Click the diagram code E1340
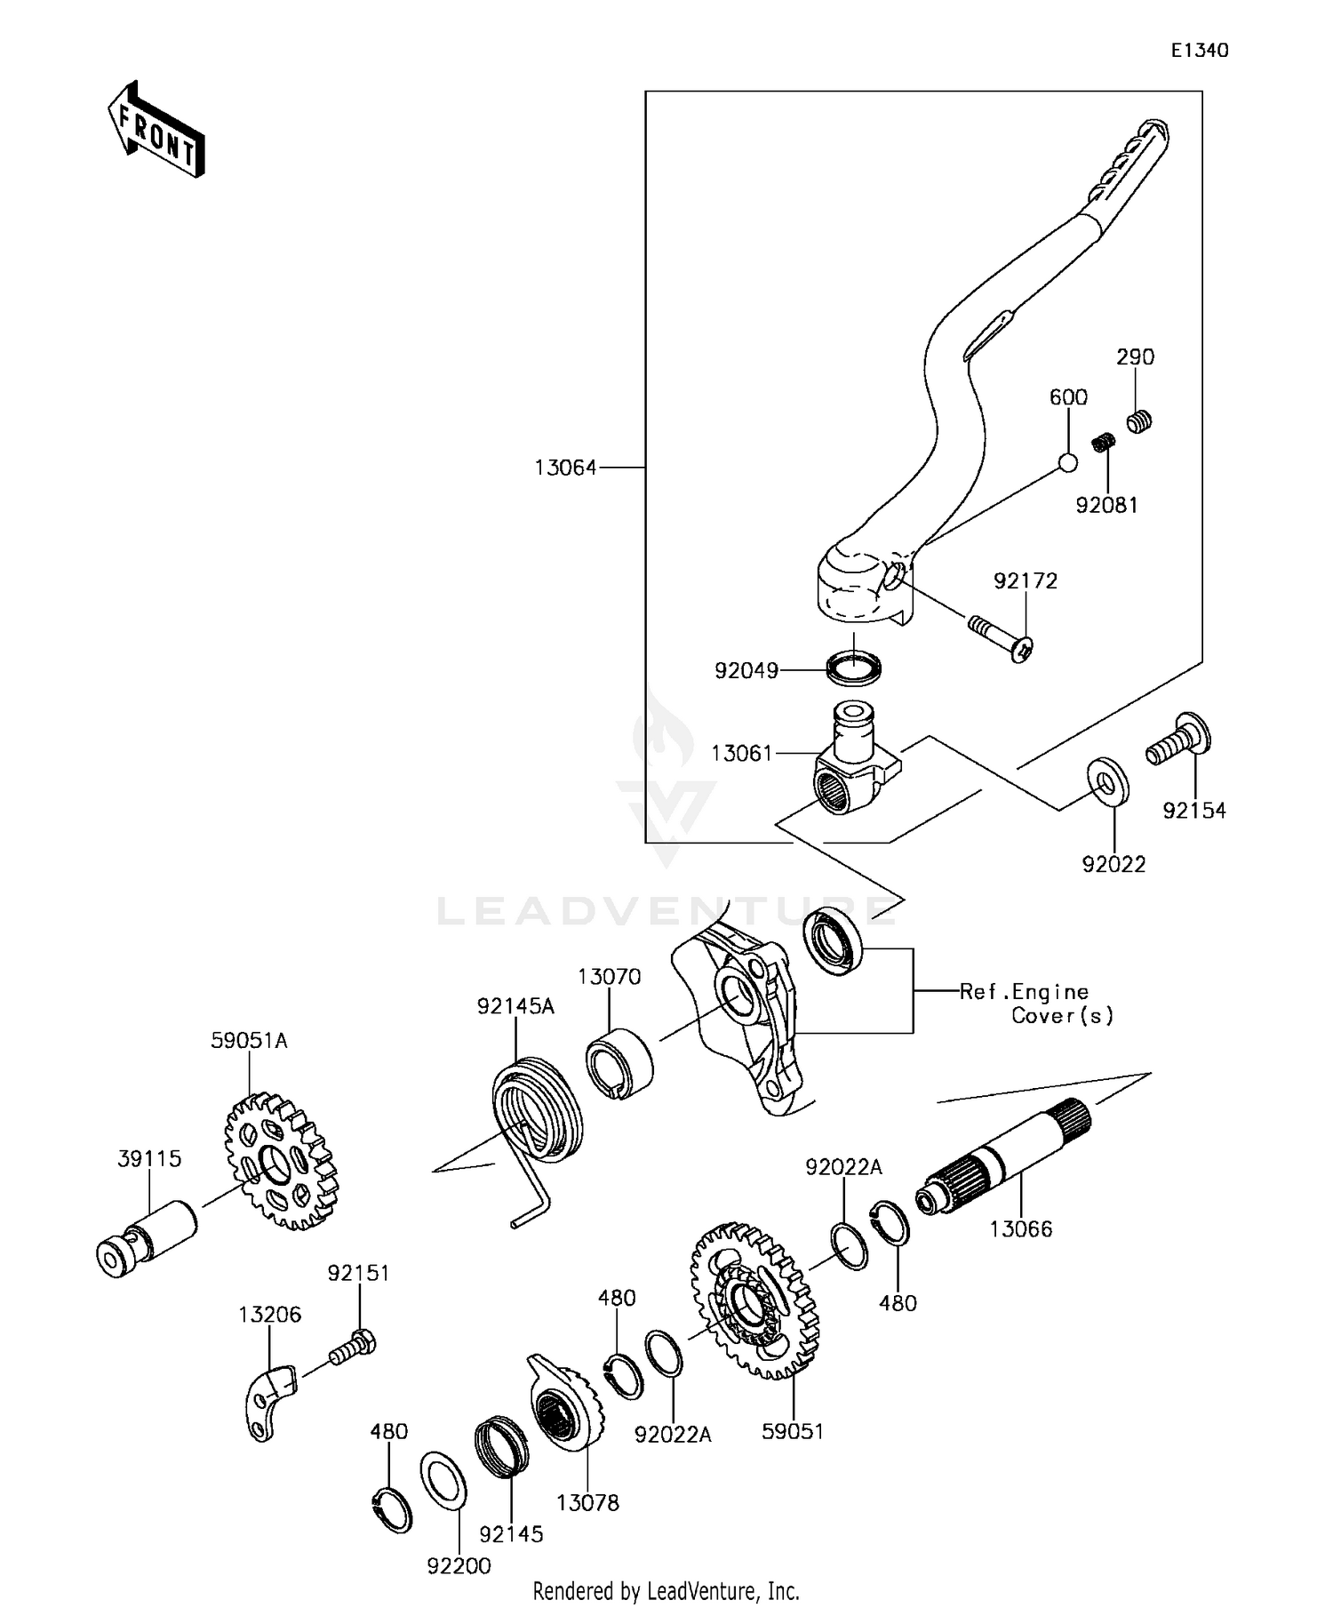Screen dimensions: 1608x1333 (1199, 51)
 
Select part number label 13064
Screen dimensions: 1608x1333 (565, 468)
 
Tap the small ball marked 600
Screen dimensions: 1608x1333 (1067, 462)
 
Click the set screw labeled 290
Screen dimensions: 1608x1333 (1140, 420)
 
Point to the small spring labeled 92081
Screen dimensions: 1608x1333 (1103, 442)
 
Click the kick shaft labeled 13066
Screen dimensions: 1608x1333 (1004, 1160)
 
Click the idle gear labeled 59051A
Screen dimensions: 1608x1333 (279, 1161)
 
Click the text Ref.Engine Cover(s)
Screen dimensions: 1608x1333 (1036, 1004)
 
